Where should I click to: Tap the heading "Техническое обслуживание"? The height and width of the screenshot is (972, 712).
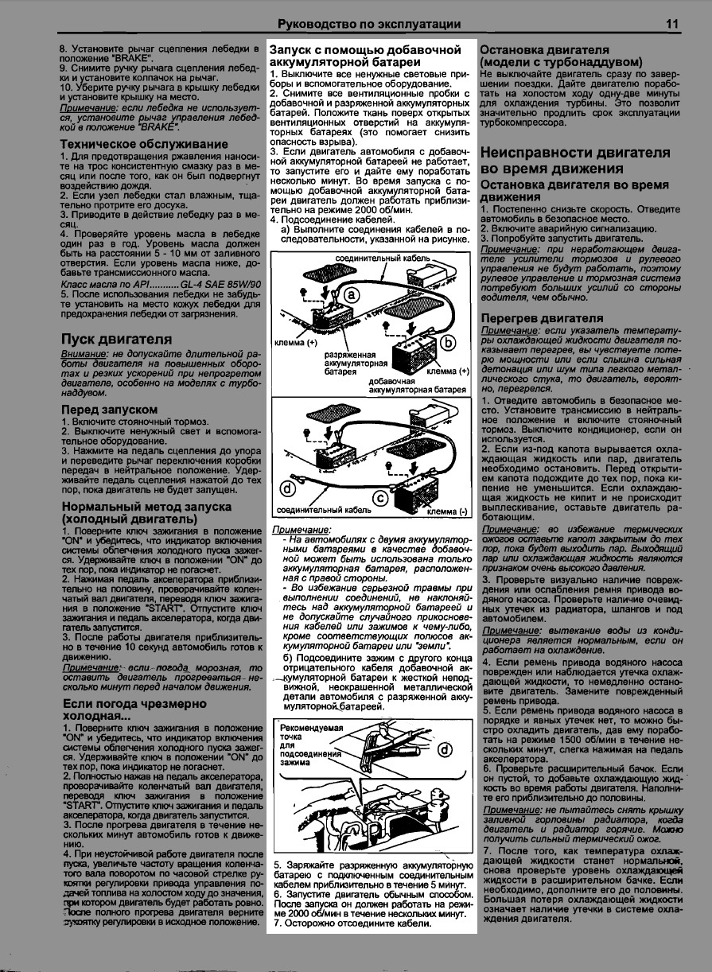click(144, 144)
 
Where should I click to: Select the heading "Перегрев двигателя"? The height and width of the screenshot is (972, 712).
click(542, 318)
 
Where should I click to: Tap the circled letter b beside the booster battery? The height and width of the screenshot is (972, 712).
click(447, 342)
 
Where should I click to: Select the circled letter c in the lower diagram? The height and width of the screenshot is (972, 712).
click(380, 498)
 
